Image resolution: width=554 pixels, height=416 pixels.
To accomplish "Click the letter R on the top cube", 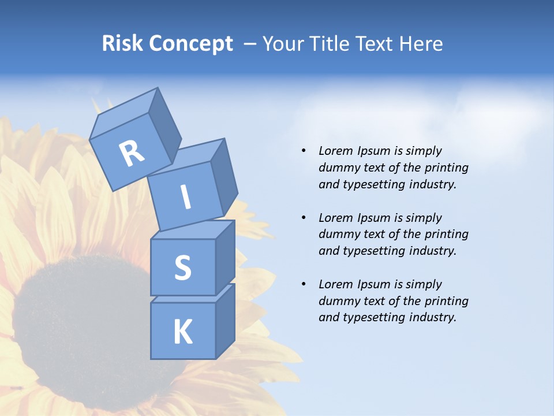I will pyautogui.click(x=132, y=153).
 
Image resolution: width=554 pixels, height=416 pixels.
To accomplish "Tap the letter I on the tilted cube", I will pyautogui.click(x=185, y=198).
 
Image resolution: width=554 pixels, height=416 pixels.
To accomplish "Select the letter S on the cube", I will pyautogui.click(x=182, y=268).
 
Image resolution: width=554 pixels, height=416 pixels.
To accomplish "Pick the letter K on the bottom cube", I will pyautogui.click(x=182, y=332).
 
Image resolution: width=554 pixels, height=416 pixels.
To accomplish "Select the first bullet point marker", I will pyautogui.click(x=304, y=151).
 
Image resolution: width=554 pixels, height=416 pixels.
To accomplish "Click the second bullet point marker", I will pyautogui.click(x=304, y=218).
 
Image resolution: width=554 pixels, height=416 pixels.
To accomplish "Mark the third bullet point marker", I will pyautogui.click(x=304, y=284).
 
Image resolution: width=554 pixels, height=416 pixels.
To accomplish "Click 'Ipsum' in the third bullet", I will pyautogui.click(x=374, y=284).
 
